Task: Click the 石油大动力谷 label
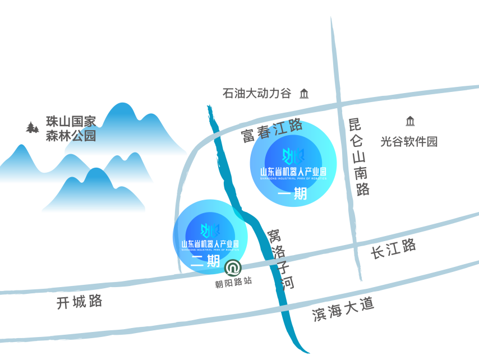coord(257,94)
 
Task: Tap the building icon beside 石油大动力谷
coord(304,94)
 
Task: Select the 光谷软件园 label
coord(409,141)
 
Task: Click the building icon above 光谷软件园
coord(410,121)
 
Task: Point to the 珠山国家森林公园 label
coord(71,128)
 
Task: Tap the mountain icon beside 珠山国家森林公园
coord(33,127)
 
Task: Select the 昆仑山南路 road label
coord(358,156)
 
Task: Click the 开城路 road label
coord(80,302)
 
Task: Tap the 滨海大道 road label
coord(343,309)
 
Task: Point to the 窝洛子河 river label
coord(280,259)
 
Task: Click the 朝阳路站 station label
coord(233,281)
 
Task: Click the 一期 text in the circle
coord(293,194)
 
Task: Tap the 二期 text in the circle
coord(205,261)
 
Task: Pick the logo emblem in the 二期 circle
coord(209,230)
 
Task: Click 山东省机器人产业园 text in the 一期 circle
coord(293,172)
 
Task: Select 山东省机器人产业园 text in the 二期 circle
coord(210,244)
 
